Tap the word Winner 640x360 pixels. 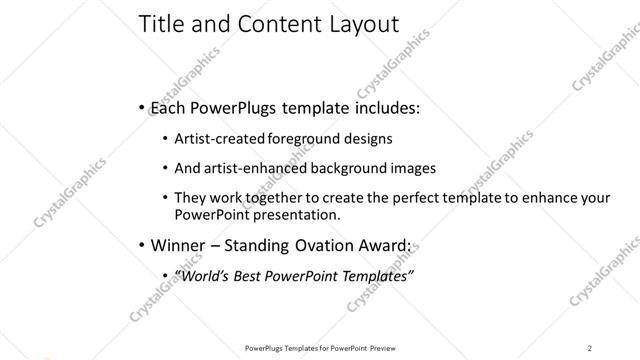pyautogui.click(x=177, y=245)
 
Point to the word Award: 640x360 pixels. pyautogui.click(x=389, y=245)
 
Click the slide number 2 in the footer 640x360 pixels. pyautogui.click(x=590, y=348)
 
